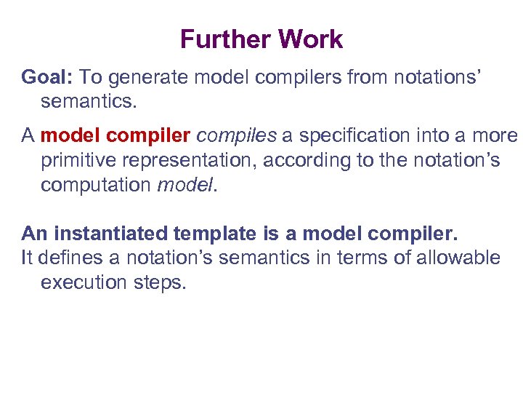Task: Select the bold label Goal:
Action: [48, 76]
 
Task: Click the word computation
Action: [96, 186]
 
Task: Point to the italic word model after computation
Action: [185, 186]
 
